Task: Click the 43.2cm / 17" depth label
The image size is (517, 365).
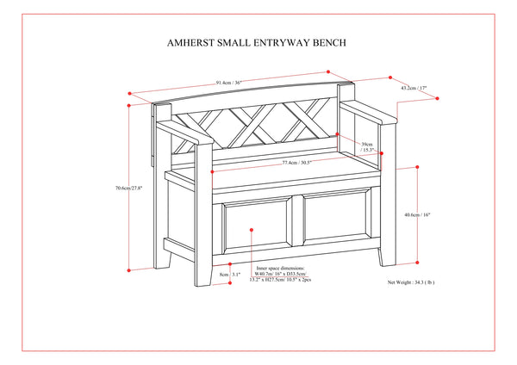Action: pyautogui.click(x=413, y=87)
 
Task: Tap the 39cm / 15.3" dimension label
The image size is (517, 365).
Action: pyautogui.click(x=367, y=148)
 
